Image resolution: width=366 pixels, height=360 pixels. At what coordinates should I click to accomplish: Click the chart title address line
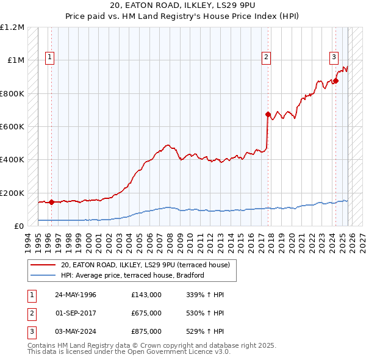[x=182, y=5]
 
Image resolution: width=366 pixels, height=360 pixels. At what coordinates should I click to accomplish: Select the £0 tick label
[x=20, y=226]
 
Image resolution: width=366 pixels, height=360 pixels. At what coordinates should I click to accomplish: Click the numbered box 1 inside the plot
[x=50, y=58]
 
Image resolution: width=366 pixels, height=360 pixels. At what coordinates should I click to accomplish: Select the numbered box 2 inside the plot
[x=267, y=58]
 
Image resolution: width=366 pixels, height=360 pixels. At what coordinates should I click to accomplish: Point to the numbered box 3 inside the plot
[x=334, y=58]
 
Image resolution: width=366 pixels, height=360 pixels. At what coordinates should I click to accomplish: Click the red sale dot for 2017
[x=268, y=114]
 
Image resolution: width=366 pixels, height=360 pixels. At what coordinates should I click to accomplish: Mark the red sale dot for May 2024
[x=335, y=81]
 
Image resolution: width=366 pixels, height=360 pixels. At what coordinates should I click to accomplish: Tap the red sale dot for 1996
[x=51, y=202]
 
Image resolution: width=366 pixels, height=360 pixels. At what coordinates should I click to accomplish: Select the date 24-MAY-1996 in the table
[x=76, y=295]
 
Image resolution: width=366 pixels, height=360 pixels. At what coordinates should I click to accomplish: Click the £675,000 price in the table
[x=146, y=313]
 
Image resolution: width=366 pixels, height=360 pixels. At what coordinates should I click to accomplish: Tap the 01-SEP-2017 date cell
[x=76, y=313]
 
